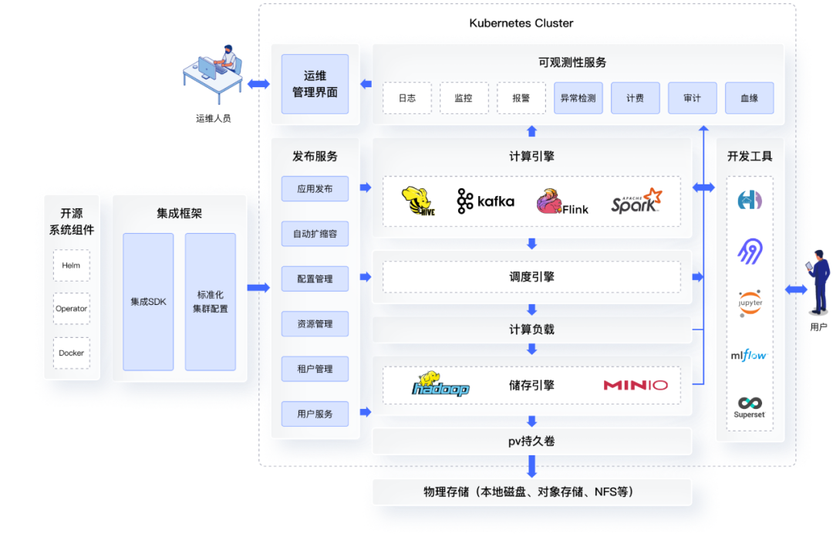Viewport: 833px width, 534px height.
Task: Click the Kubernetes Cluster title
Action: [x=521, y=23]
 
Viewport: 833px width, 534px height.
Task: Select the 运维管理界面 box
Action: [x=315, y=84]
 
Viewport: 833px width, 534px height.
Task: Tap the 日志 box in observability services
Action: [x=407, y=98]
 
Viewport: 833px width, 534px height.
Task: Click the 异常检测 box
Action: [x=578, y=98]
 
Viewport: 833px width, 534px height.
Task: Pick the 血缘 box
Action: [x=749, y=98]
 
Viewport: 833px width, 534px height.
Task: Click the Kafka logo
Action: [x=485, y=201]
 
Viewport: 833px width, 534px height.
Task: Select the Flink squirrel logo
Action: [x=562, y=201]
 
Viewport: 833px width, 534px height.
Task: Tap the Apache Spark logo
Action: [x=636, y=201]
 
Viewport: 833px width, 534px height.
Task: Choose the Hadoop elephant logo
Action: [x=440, y=384]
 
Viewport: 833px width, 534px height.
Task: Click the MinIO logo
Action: [x=636, y=385]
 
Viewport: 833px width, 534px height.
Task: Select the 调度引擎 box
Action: [x=531, y=277]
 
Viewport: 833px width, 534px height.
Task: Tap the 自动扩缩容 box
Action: [x=315, y=233]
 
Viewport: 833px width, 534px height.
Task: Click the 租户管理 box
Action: [x=315, y=369]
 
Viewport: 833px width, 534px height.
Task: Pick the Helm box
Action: [x=71, y=265]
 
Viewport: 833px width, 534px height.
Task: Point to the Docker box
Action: [x=71, y=353]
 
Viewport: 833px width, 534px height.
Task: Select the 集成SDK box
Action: [x=148, y=302]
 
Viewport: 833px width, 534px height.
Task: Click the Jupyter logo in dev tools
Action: [x=750, y=302]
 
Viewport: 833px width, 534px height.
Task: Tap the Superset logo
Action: [x=750, y=407]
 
